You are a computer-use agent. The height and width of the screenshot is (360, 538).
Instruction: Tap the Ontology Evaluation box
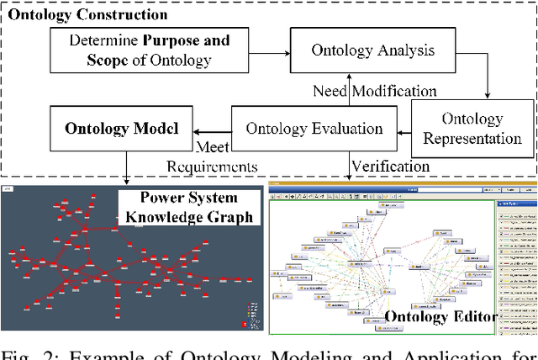(314, 129)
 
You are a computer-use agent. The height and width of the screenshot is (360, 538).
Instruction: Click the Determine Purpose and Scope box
(150, 49)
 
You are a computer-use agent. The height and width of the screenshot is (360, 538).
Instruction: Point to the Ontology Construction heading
(87, 14)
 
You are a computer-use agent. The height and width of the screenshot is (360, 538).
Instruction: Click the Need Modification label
(375, 91)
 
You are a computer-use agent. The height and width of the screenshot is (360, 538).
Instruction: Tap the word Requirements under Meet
(213, 167)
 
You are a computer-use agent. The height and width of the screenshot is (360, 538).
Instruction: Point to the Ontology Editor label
(440, 317)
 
